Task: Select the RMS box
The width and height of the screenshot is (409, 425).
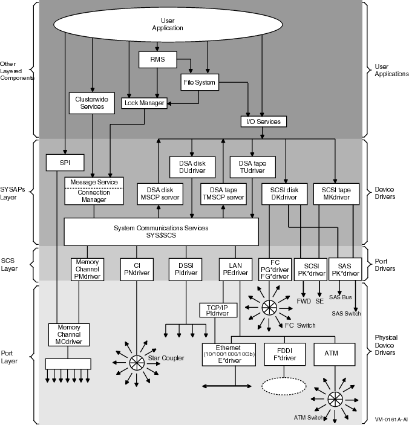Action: click(x=158, y=59)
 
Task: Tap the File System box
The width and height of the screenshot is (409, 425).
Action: click(x=200, y=82)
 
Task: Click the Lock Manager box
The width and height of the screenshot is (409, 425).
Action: click(x=144, y=103)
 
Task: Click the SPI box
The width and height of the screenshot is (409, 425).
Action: click(x=64, y=162)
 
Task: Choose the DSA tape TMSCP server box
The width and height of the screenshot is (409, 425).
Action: click(x=223, y=193)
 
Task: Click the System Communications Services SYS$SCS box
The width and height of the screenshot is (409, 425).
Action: click(x=161, y=232)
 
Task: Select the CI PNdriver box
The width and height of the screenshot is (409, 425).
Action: click(x=139, y=268)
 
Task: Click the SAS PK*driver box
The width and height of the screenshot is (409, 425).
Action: click(x=344, y=268)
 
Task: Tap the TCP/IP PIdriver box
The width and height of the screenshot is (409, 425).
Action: click(x=217, y=310)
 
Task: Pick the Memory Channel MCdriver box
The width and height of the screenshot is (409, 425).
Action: click(x=68, y=335)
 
